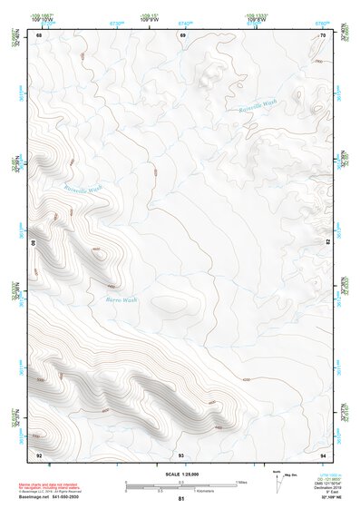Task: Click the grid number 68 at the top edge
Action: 38,34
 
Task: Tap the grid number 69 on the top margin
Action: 182,34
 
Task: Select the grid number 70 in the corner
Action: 324,34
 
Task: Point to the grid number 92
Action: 38,454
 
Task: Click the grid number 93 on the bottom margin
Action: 181,454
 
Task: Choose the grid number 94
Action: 324,454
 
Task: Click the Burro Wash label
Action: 121,299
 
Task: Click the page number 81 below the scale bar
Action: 181,499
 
